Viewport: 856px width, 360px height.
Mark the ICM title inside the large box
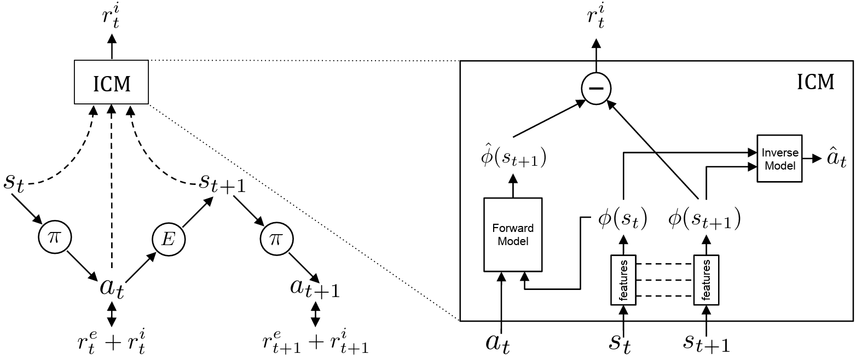click(815, 82)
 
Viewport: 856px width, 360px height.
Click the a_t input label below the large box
click(498, 343)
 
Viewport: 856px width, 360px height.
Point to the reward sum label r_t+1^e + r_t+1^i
click(315, 343)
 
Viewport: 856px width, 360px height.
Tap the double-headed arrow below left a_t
click(111, 314)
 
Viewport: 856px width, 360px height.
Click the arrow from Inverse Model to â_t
click(812, 158)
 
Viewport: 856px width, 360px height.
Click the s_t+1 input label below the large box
click(706, 343)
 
